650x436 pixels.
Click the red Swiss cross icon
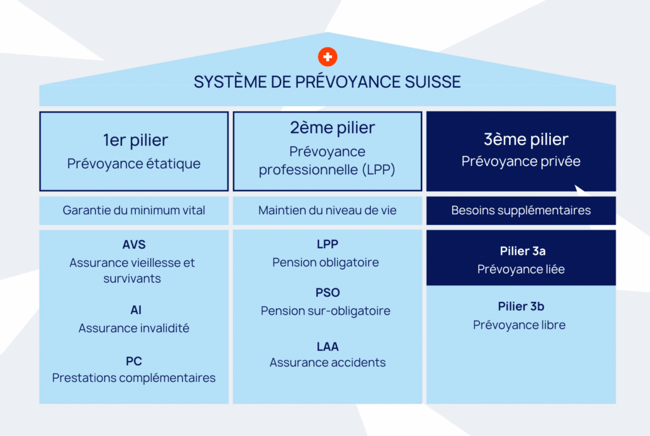point(328,57)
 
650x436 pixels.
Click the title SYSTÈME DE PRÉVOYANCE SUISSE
point(327,82)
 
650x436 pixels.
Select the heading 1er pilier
point(135,140)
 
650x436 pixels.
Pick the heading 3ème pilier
point(521,140)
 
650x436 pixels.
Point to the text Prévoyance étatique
point(134,163)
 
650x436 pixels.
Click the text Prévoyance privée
point(521,161)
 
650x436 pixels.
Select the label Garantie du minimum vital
point(134,210)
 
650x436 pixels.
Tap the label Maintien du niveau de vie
point(328,210)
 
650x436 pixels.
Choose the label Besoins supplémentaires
point(521,210)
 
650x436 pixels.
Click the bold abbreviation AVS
point(134,245)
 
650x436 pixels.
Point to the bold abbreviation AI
point(135,310)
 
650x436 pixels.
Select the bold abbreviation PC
point(134,361)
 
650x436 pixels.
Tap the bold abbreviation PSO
point(328,293)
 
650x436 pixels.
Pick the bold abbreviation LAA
point(328,346)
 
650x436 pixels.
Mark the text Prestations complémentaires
point(134,378)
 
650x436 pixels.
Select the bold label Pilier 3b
point(521,307)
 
